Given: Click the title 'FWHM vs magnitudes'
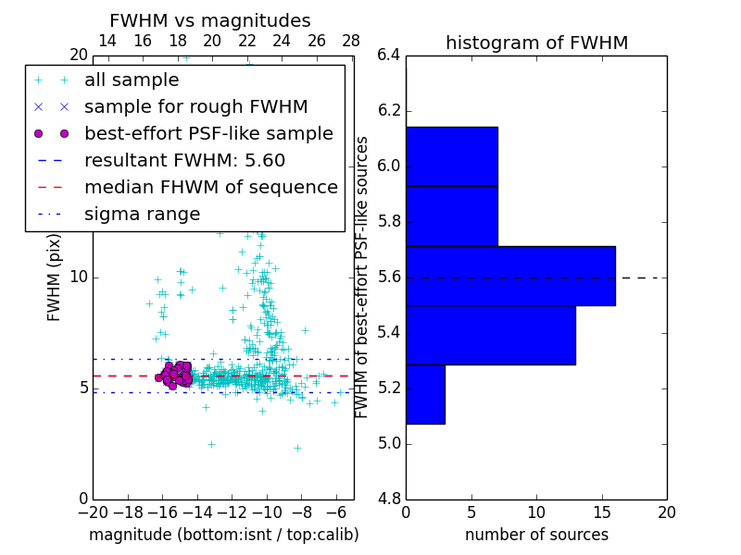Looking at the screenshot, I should [209, 20].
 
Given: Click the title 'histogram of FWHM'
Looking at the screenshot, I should [536, 43].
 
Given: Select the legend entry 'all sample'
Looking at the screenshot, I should [132, 80].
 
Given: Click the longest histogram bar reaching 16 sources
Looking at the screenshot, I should [510, 276].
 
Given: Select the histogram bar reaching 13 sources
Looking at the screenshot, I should [490, 335].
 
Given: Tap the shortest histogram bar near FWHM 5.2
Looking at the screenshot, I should [425, 394].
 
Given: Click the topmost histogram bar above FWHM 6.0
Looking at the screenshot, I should [451, 156].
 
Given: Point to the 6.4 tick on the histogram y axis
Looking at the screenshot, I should [389, 55].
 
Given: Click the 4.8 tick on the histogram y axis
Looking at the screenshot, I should [389, 499].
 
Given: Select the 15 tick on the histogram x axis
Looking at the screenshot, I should [601, 512].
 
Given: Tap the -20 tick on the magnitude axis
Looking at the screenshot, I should [93, 512].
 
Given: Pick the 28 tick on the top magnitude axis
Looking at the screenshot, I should [351, 41].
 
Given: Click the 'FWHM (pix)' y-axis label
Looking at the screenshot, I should [55, 277].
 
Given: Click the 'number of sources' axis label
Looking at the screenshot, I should [536, 535].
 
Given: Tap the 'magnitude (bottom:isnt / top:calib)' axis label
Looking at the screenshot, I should [223, 535].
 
